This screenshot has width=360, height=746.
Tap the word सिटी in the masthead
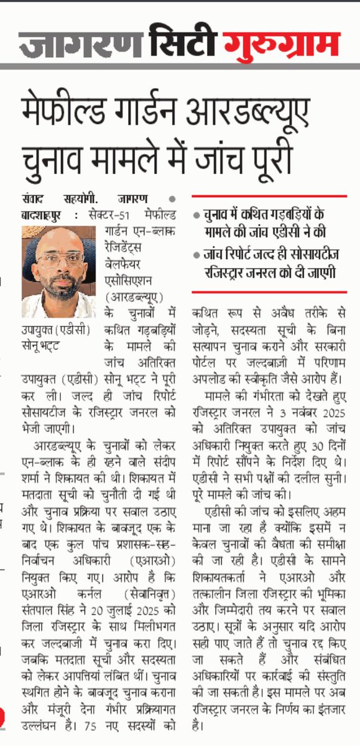tap(182, 44)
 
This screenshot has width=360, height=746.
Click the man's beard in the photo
tap(60, 288)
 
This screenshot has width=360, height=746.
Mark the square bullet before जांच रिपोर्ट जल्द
tap(196, 254)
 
